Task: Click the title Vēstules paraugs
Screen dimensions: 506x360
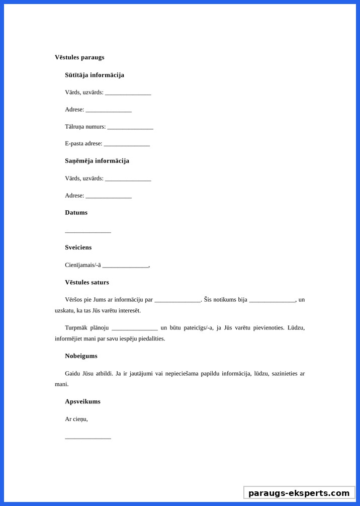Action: (x=79, y=57)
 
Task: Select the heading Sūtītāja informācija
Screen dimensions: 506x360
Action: (x=95, y=75)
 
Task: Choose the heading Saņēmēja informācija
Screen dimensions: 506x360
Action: (x=97, y=161)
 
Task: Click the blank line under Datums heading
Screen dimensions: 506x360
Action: (x=88, y=231)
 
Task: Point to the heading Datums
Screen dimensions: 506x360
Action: (x=76, y=213)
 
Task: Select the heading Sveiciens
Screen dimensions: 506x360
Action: (x=78, y=247)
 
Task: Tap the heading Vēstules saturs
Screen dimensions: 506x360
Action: (x=87, y=283)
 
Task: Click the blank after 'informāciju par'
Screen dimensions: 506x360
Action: (x=177, y=301)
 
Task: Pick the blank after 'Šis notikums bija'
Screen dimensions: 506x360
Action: (x=272, y=301)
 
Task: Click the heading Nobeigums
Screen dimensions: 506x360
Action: (x=81, y=356)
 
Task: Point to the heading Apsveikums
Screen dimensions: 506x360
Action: (x=82, y=401)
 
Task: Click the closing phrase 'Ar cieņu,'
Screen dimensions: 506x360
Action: (x=76, y=419)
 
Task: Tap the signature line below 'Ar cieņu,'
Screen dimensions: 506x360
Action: (x=88, y=438)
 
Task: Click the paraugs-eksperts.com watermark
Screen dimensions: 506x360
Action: (x=299, y=493)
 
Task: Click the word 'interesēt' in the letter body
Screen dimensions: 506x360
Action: (x=129, y=310)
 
